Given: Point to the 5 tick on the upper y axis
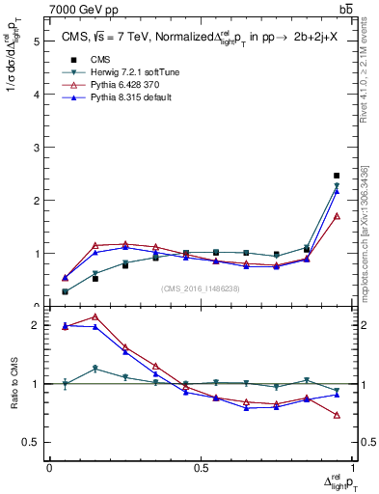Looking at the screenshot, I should coord(36,41).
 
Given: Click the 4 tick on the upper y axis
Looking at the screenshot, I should coord(36,95).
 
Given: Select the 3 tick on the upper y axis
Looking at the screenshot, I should coord(36,148).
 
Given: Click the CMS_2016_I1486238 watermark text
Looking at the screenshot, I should coord(201,288).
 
